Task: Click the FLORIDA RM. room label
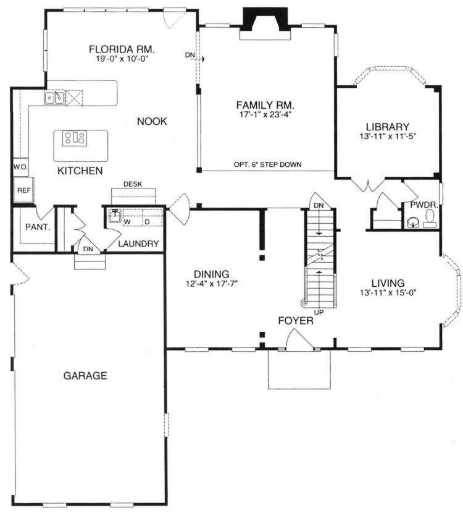click(122, 49)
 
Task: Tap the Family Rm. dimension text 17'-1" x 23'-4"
click(265, 114)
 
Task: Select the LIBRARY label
click(388, 127)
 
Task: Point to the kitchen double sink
click(54, 98)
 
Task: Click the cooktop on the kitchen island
click(75, 137)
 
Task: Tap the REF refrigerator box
click(23, 190)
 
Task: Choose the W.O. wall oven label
click(20, 167)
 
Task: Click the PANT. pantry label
click(38, 227)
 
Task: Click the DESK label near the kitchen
click(133, 184)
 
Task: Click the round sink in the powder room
click(412, 223)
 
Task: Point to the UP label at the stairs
click(319, 312)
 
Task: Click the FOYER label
click(296, 321)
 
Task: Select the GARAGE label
click(85, 376)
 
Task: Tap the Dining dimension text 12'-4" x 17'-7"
click(212, 284)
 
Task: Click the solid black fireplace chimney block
click(265, 19)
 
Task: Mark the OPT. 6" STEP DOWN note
click(268, 164)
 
